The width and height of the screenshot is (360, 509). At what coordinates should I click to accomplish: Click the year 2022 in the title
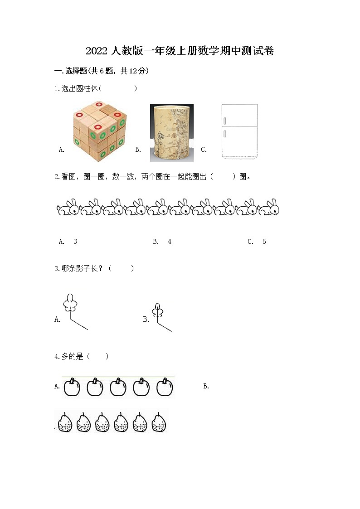pos(97,51)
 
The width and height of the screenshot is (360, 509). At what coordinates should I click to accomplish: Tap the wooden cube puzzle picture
pos(100,131)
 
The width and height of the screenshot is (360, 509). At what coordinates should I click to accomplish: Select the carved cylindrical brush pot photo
pos(172,133)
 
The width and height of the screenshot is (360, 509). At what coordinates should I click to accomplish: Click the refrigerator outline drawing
pos(239,131)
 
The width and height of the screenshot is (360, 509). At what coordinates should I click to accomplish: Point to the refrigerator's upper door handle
pos(225,121)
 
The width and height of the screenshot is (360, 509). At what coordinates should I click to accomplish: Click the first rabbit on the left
pos(68,208)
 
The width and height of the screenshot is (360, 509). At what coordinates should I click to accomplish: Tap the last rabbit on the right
pos(268,208)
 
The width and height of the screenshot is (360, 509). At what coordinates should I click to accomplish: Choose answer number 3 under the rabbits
pos(75,242)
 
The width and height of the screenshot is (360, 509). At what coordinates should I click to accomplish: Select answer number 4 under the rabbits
pos(170,242)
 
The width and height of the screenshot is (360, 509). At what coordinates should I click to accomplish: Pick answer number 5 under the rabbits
pos(264,242)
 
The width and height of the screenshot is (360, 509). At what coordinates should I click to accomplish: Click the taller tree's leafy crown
pos(70,303)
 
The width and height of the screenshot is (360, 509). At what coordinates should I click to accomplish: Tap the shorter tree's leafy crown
pos(158,310)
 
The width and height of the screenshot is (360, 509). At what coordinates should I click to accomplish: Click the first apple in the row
pos(72,387)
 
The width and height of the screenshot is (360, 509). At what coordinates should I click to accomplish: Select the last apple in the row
pos(165,387)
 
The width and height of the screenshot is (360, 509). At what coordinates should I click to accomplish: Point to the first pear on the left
pos(65,422)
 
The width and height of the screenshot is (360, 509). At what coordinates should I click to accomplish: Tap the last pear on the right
pos(159,422)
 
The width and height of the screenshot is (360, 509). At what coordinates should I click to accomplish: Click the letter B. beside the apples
pos(206,386)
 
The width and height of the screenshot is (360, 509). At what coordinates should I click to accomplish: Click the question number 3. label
pos(57,269)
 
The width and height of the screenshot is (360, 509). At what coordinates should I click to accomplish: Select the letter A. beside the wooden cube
pos(62,150)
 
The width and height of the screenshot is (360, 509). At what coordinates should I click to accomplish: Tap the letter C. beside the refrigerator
pos(204,150)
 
